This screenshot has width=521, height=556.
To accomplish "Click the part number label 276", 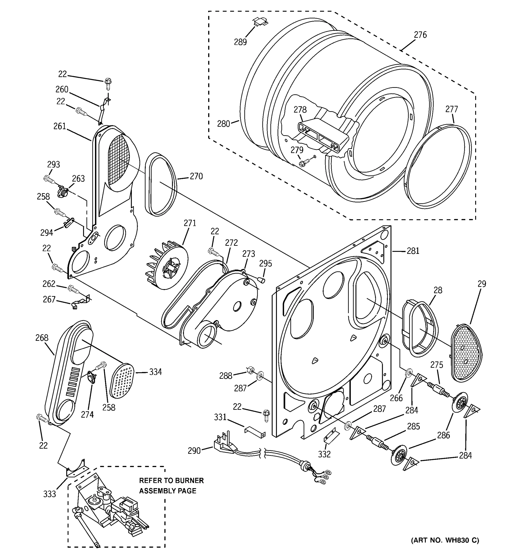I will [420, 35].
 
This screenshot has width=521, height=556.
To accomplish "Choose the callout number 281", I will [413, 251].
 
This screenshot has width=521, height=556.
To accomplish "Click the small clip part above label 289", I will [260, 21].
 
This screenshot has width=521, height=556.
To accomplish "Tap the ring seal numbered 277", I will [438, 167].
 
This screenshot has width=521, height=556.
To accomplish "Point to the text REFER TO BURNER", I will [171, 480].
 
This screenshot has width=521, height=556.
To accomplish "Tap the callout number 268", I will [42, 338].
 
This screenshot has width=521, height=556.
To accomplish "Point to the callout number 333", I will [50, 494].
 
